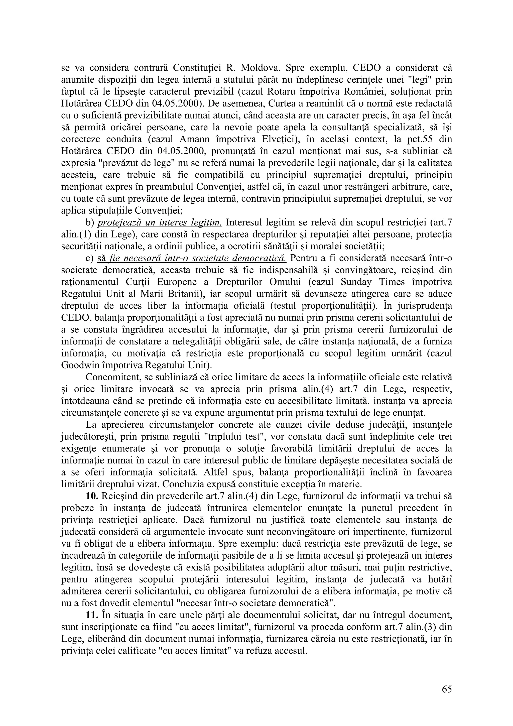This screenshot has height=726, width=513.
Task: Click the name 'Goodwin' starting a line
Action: (x=77, y=365)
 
